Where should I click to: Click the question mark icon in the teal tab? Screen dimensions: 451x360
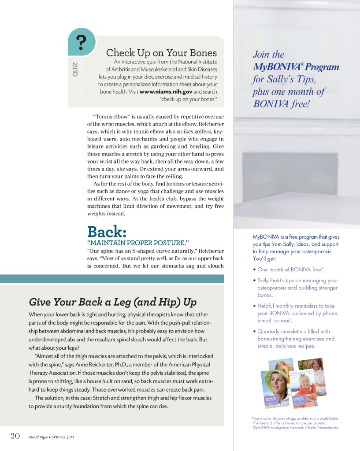[x=81, y=43]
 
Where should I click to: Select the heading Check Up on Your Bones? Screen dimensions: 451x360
[x=161, y=53]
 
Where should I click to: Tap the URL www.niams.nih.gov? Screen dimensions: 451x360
[x=166, y=92]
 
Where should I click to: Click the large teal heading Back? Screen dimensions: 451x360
[x=107, y=231]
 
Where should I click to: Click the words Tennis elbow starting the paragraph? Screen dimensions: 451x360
[x=109, y=116]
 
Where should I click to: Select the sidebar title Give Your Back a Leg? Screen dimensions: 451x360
[x=112, y=302]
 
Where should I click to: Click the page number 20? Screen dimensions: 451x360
[x=15, y=436]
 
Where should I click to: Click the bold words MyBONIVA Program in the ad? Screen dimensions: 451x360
[x=296, y=67]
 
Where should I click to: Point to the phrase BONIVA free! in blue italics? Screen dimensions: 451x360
[x=281, y=104]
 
